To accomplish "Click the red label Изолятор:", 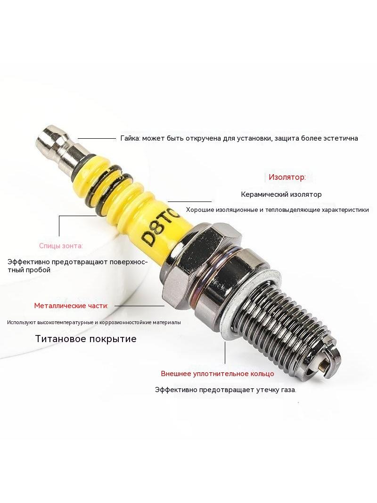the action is tap(287, 177).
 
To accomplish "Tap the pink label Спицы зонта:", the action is tap(61, 246).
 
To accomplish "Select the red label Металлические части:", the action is tap(71, 306).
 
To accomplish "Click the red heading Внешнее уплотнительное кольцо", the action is tap(218, 374).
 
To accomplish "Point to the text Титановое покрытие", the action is tap(86, 339).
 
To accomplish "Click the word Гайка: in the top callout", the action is tap(130, 138).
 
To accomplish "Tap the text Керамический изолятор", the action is tap(281, 194).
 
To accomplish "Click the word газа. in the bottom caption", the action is tap(288, 390).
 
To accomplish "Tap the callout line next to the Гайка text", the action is tap(97, 139).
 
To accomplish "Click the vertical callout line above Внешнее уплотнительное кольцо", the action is tap(225, 352).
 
